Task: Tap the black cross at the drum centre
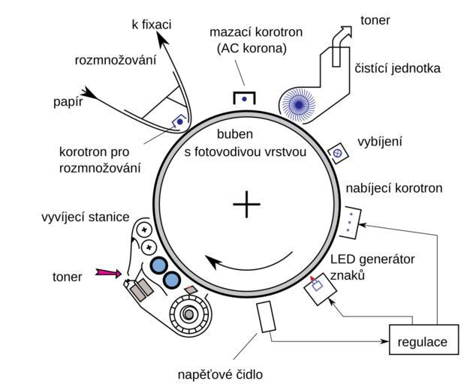point(246,204)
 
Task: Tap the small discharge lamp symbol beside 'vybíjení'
point(338,152)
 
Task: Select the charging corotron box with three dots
point(351,220)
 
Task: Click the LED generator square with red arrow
point(318,286)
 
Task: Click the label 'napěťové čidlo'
point(221,373)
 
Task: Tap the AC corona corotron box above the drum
point(244,98)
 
